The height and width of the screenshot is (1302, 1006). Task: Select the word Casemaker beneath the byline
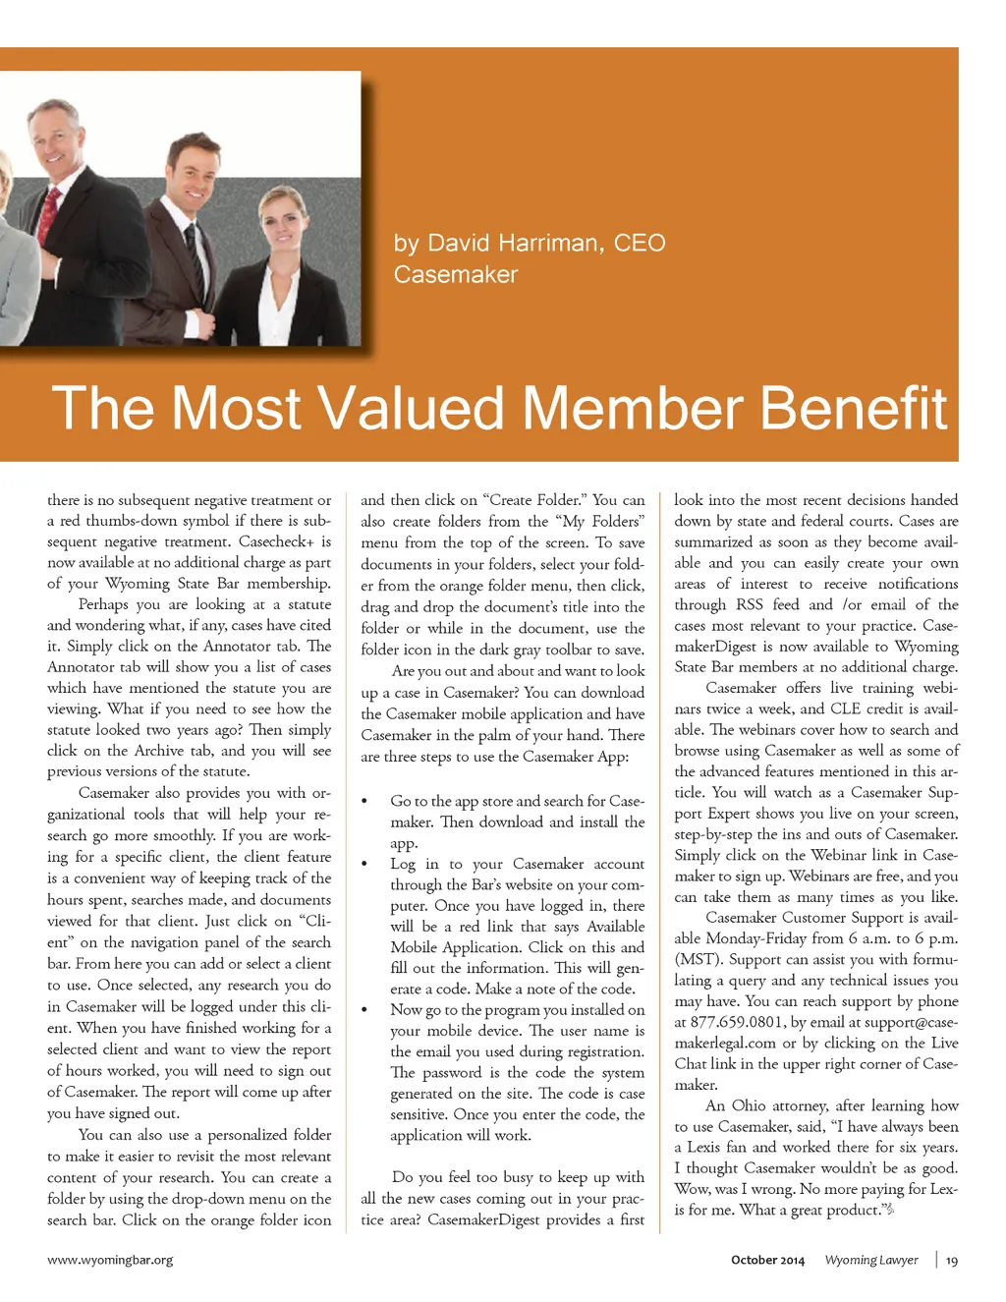point(455,274)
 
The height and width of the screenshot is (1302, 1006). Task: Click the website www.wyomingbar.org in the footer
point(110,1260)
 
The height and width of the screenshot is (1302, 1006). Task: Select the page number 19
point(952,1261)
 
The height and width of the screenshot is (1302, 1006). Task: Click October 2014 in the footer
point(767,1260)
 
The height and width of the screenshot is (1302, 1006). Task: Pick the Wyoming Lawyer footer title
point(871,1260)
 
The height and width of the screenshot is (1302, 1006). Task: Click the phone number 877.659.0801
point(737,1022)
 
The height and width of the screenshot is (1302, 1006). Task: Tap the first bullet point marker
point(364,802)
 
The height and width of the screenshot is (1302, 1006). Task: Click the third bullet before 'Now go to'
point(364,1010)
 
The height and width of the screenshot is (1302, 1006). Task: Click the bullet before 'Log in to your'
point(364,865)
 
